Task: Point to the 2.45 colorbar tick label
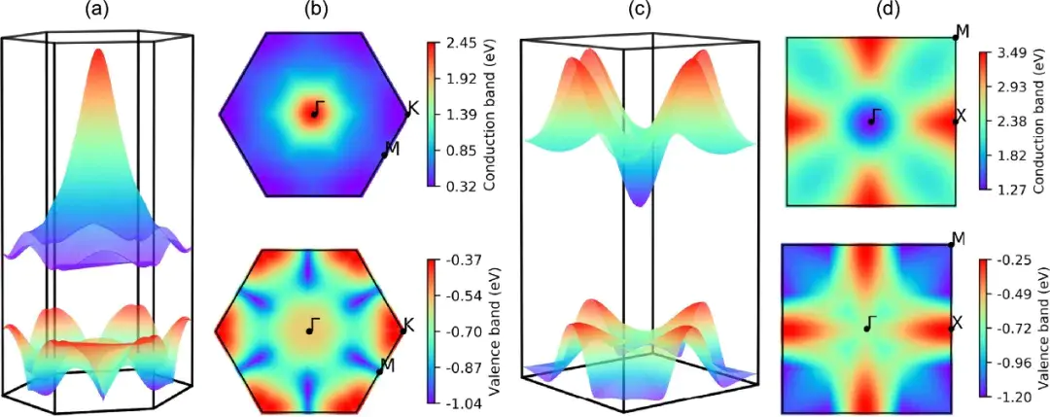tap(459, 43)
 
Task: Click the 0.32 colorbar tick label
tap(459, 187)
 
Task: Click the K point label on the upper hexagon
tap(413, 108)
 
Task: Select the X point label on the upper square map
tap(961, 116)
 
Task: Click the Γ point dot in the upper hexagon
tap(314, 114)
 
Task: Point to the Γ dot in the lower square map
tap(867, 329)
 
